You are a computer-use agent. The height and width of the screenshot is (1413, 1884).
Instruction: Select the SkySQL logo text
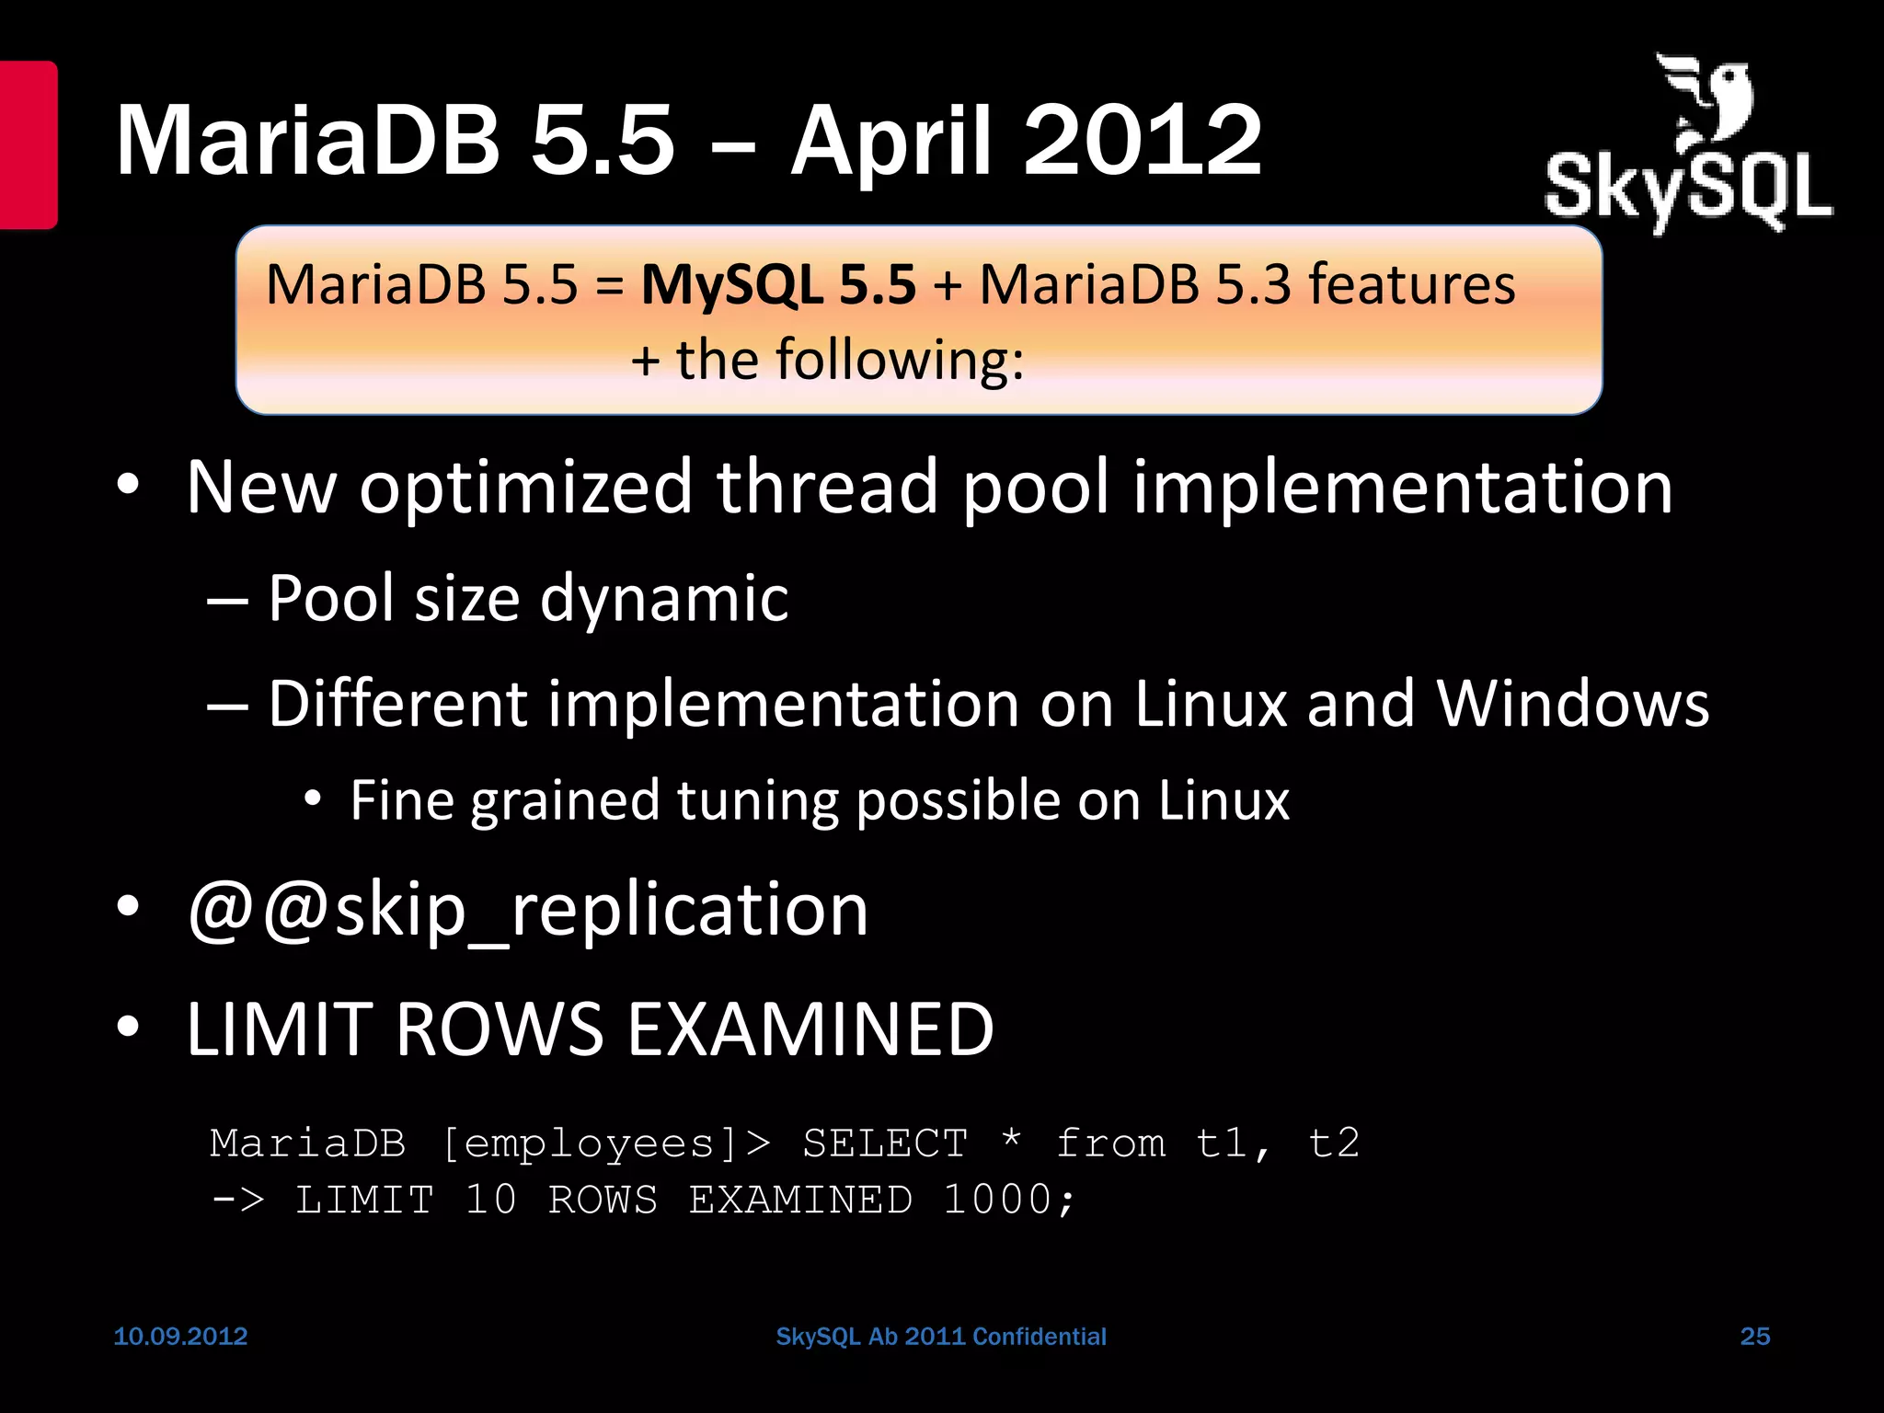[x=1688, y=189]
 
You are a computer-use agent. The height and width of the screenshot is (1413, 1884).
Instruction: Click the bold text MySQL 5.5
[x=778, y=284]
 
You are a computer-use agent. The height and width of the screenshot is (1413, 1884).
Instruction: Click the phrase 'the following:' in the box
[x=849, y=360]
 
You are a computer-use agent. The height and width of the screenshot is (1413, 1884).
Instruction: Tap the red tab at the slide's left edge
[x=28, y=144]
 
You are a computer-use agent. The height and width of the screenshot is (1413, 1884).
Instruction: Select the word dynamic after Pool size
[x=663, y=599]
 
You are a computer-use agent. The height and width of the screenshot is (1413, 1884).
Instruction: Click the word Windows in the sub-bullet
[x=1572, y=704]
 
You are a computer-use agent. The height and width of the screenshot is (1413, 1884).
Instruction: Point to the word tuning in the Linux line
[x=757, y=800]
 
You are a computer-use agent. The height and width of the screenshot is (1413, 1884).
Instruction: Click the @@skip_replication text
[x=527, y=910]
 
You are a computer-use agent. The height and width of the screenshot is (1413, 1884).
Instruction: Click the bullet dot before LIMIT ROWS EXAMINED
[x=128, y=1027]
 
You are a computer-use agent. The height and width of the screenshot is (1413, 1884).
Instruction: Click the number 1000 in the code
[x=997, y=1200]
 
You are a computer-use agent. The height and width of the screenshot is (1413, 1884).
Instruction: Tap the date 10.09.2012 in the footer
[x=180, y=1336]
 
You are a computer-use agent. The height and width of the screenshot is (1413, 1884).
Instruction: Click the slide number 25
[x=1754, y=1336]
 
